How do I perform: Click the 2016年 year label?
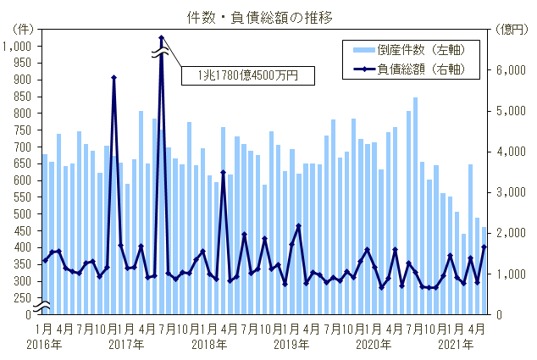pyautogui.click(x=44, y=345)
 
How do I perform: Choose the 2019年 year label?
pyautogui.click(x=291, y=345)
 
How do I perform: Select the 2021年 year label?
pyautogui.click(x=454, y=345)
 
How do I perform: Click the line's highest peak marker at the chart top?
pyautogui.click(x=161, y=38)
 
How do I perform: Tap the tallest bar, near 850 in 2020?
pyautogui.click(x=416, y=206)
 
